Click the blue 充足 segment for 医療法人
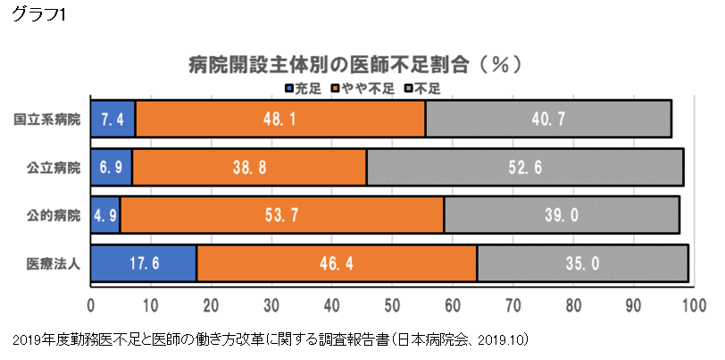tap(143, 264)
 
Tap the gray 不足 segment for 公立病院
tap(525, 167)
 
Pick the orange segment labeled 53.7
tap(282, 215)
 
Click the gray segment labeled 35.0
tap(582, 264)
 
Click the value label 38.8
tap(249, 167)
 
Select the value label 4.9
tap(105, 215)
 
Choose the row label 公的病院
tap(53, 215)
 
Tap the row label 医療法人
tap(53, 264)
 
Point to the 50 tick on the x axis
tap(392, 304)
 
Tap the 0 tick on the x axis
tap(91, 304)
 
